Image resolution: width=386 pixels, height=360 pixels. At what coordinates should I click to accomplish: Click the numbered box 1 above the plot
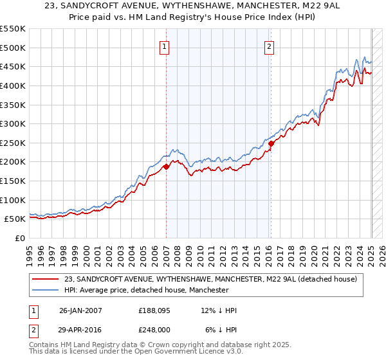coord(165,46)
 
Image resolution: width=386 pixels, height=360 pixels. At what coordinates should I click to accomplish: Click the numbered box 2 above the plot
coord(269,46)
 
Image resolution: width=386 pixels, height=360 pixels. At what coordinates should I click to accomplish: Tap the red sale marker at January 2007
coord(166,166)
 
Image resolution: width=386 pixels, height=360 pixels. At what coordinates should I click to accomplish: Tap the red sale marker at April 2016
coord(271,143)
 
